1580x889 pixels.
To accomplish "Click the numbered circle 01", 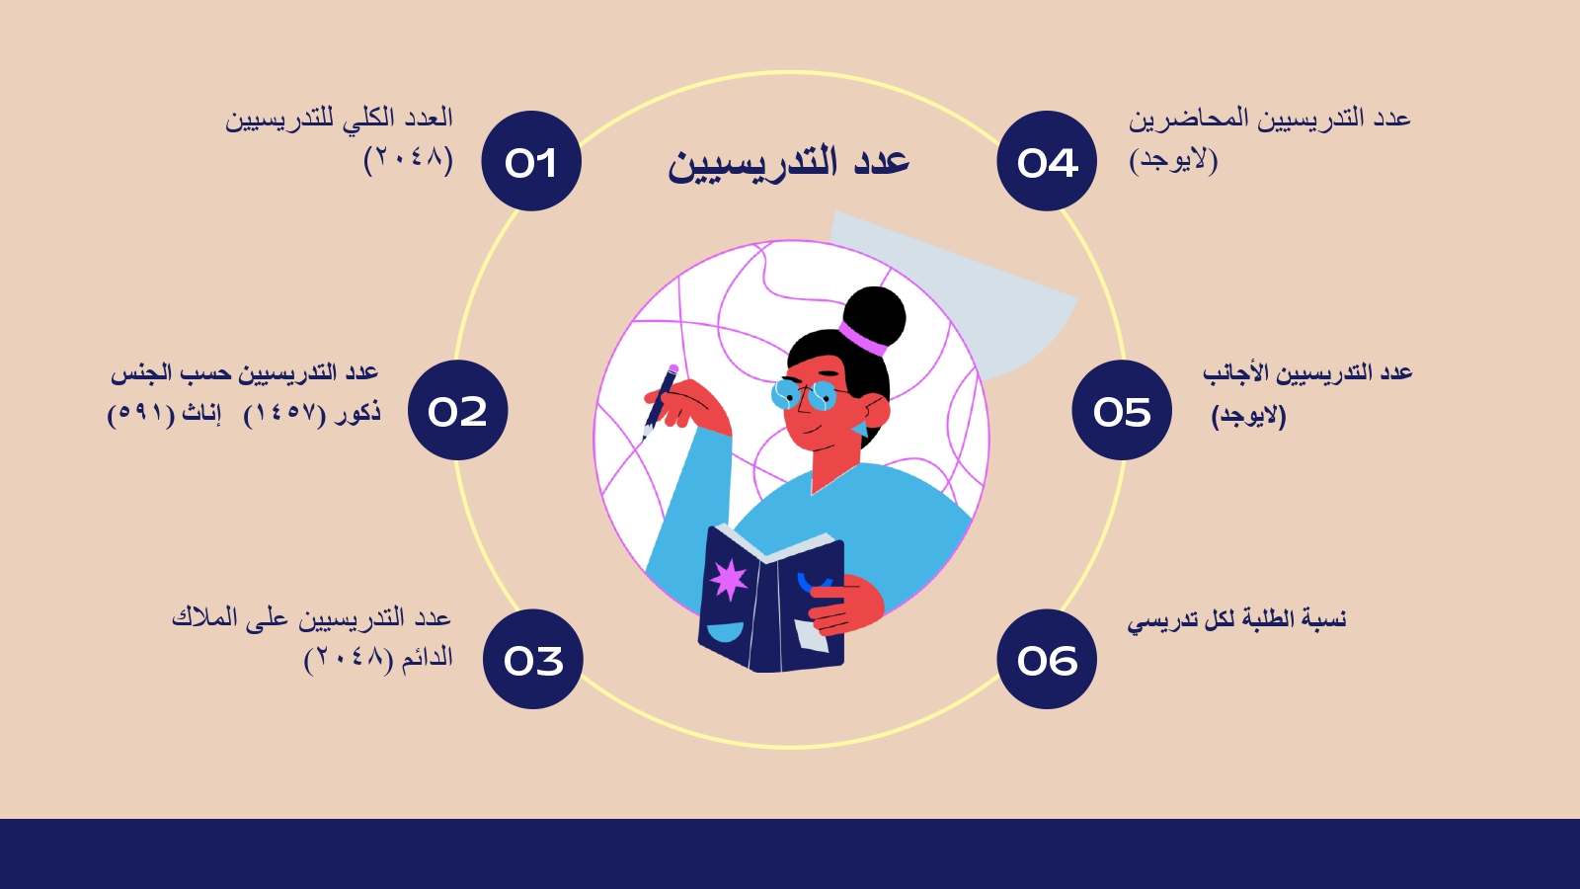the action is (x=531, y=161).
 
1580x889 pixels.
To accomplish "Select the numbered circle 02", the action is (x=458, y=410).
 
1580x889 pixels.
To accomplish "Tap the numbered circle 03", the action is (x=532, y=659).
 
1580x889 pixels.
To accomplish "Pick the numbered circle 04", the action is (x=1047, y=161).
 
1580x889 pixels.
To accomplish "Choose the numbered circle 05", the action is (x=1122, y=410).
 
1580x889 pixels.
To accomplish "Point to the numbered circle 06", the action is (x=1047, y=659).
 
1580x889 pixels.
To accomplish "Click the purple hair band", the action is (x=862, y=340).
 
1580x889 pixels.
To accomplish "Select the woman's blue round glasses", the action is (x=804, y=395).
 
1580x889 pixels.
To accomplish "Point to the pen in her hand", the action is (x=661, y=401).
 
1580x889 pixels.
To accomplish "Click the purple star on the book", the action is (x=729, y=579).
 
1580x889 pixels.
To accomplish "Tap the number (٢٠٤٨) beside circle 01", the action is (x=409, y=159).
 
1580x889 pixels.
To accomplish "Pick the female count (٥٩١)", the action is (x=140, y=414).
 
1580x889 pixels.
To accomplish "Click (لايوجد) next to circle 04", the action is (x=1174, y=160).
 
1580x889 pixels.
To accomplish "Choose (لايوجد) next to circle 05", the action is (x=1248, y=416).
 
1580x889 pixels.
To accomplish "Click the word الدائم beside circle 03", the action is (x=427, y=658).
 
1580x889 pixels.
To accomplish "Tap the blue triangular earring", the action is (x=860, y=429).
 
